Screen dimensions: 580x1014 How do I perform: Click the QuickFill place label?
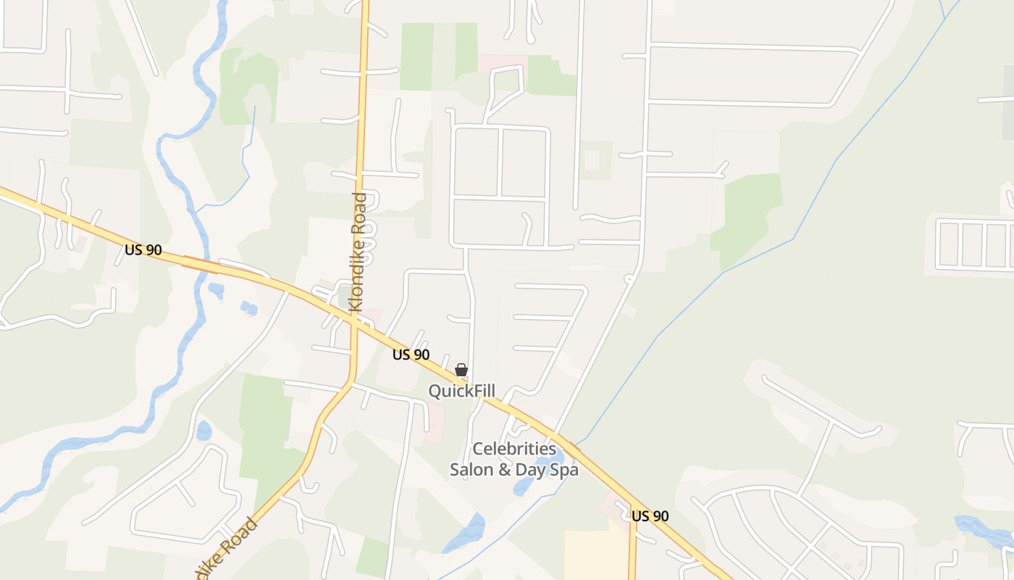pos(461,391)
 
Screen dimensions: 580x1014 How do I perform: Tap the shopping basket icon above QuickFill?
pos(461,370)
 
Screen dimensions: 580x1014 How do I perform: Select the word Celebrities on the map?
pos(514,449)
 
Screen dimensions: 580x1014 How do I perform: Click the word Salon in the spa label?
pos(472,470)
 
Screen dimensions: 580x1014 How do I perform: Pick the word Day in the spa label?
pos(533,471)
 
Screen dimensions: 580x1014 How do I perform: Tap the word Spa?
pos(566,471)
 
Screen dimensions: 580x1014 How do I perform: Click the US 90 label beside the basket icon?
pos(411,355)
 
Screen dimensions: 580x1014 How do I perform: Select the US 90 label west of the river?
pos(143,250)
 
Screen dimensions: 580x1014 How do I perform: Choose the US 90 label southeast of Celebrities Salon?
pos(650,516)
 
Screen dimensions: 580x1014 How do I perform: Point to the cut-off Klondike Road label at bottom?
pos(225,550)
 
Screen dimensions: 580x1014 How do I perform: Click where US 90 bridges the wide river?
pos(199,265)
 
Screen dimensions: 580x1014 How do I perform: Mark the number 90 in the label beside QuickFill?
pos(422,355)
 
